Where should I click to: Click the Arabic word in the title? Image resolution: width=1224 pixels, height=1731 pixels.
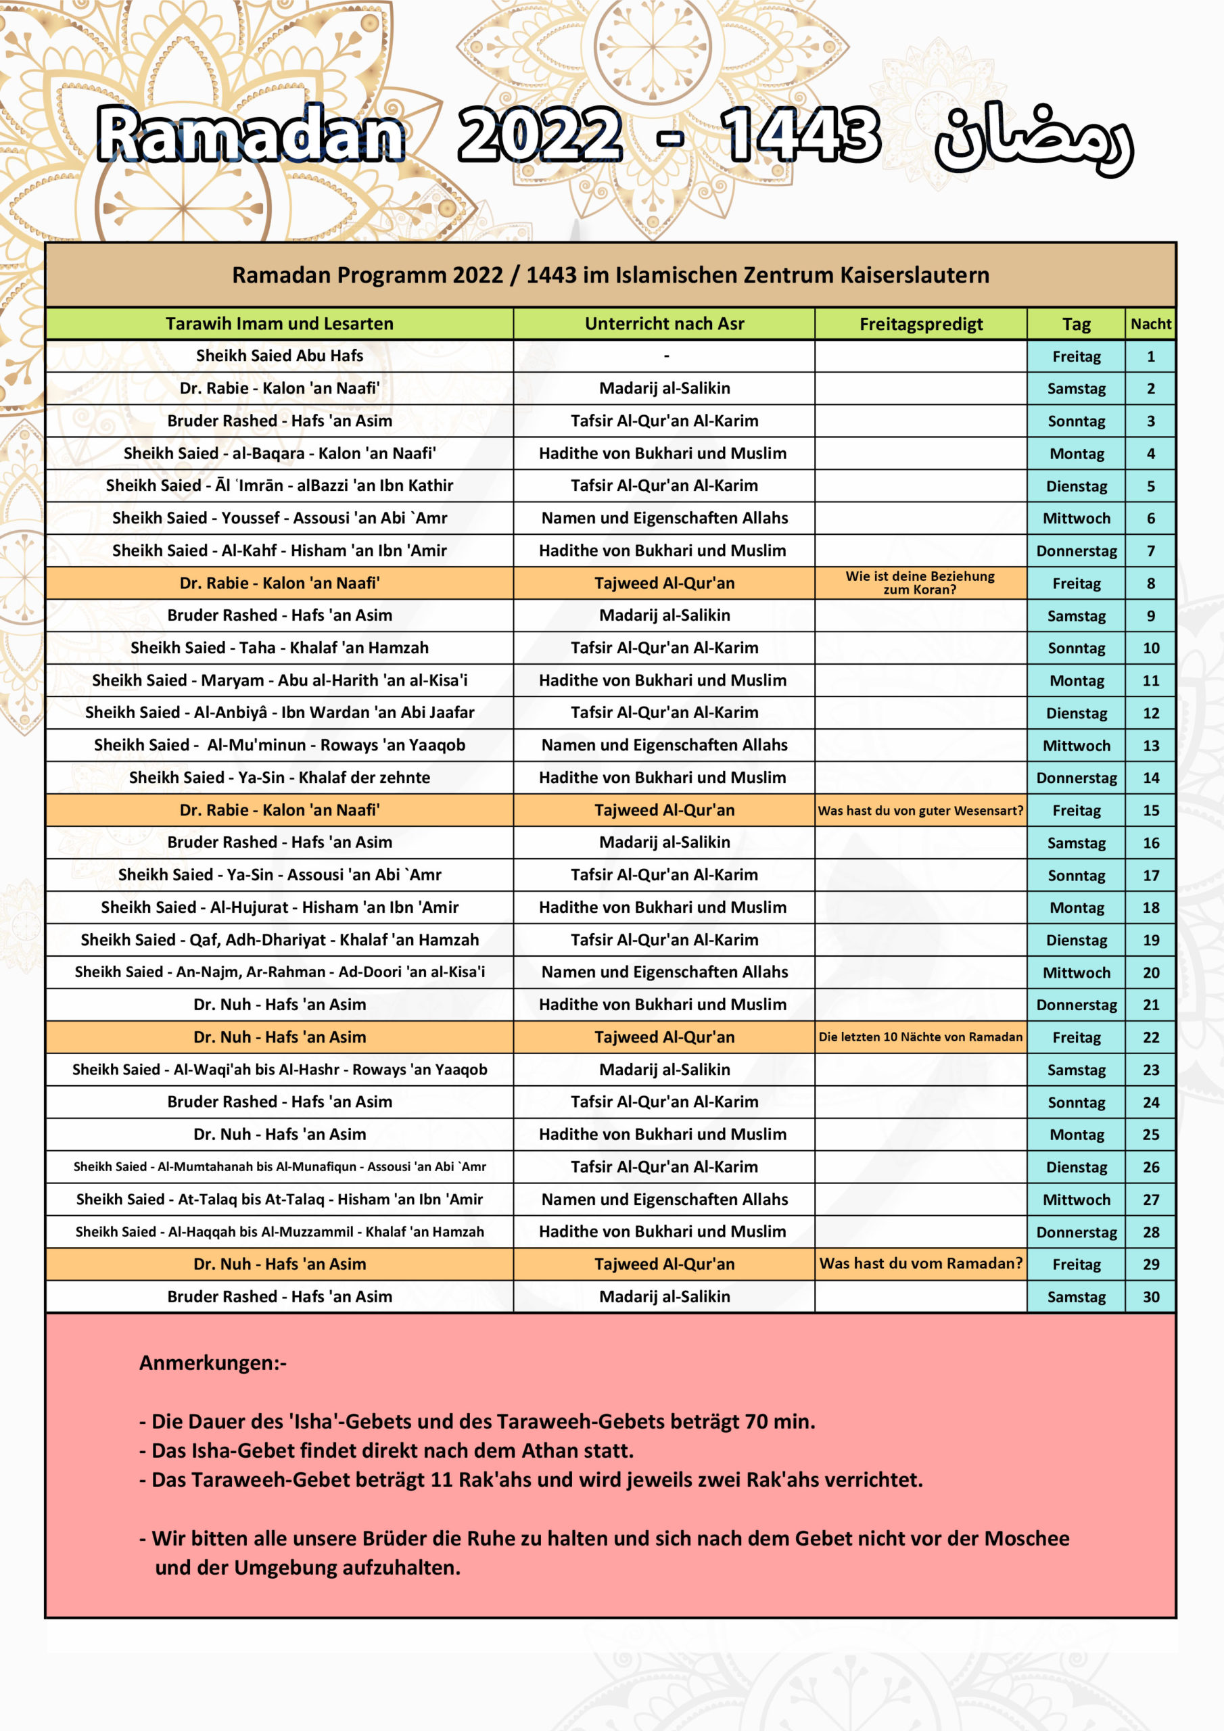pos(1033,139)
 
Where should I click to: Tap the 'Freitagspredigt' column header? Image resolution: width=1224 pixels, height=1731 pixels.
pos(921,324)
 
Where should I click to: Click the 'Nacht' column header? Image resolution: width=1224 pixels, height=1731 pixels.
pos(1150,324)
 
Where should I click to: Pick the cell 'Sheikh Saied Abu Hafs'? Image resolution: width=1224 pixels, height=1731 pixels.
pos(279,356)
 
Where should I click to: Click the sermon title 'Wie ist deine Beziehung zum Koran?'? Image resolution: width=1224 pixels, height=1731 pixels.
pos(920,583)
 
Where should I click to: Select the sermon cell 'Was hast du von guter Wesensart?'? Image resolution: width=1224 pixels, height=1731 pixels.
pos(920,811)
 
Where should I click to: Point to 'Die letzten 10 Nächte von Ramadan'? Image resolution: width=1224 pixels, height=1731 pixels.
pos(920,1037)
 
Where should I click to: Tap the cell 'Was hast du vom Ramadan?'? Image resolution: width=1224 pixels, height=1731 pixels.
pos(920,1264)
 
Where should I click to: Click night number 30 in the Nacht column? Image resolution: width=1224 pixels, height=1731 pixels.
pos(1150,1297)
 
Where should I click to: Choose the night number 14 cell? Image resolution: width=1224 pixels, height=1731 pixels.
pos(1150,778)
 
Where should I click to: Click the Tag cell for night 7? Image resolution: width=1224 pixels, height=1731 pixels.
pos(1076,551)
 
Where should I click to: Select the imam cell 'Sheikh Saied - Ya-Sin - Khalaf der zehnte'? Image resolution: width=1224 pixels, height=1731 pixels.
pos(279,778)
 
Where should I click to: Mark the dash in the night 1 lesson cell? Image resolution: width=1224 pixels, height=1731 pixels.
pos(666,356)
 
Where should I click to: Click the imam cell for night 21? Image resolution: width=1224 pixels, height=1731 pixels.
pos(279,1004)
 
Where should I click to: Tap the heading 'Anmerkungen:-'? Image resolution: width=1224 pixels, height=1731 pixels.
pos(212,1363)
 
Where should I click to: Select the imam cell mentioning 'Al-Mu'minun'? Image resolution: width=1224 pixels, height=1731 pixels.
pos(279,745)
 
